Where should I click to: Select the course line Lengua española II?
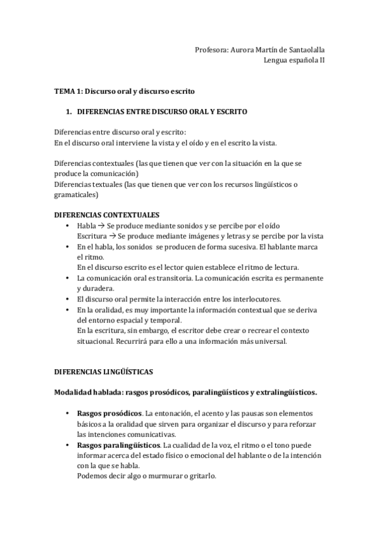[x=295, y=61]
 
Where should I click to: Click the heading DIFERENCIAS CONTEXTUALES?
[x=106, y=215]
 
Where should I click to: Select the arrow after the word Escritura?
[x=111, y=236]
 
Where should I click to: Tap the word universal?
[x=270, y=341]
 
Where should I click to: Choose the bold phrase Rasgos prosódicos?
[x=109, y=413]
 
